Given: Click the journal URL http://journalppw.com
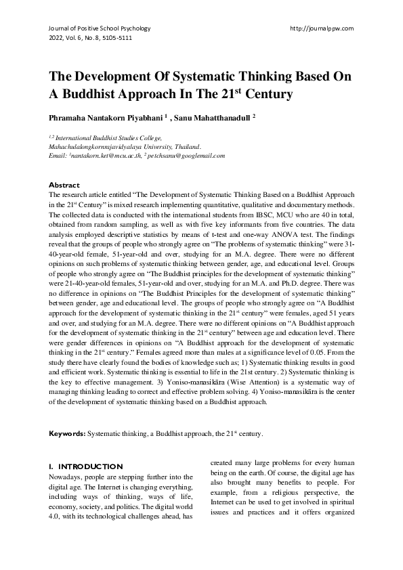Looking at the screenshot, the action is pyautogui.click(x=321, y=28).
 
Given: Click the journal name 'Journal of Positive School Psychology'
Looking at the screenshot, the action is pyautogui.click(x=99, y=28).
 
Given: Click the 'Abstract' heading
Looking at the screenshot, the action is pyautogui.click(x=64, y=184).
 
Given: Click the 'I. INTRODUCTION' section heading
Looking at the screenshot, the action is pyautogui.click(x=86, y=466).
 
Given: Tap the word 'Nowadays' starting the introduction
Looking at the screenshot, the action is pyautogui.click(x=68, y=477).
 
